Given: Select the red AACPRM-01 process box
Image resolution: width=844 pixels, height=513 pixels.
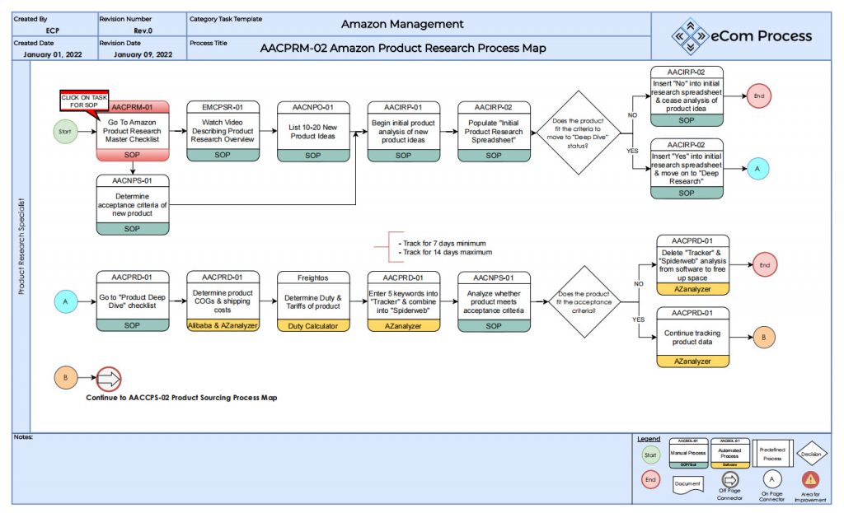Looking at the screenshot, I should [133, 130].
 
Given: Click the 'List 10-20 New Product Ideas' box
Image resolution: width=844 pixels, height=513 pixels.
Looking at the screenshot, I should [313, 130].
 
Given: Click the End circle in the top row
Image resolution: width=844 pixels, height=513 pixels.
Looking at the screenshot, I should [759, 96].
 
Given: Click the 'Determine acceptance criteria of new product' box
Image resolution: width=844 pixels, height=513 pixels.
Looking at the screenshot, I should [133, 203].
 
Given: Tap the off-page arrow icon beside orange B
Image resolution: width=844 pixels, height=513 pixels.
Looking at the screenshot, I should [109, 379].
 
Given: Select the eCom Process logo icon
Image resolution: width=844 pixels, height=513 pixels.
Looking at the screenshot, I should [689, 35].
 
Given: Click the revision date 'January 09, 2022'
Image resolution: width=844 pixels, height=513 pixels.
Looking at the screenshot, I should [143, 54].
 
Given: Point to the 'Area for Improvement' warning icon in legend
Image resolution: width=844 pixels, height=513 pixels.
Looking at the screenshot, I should [811, 479].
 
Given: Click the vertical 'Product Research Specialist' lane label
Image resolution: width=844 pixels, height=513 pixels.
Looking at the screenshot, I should [21, 247].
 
